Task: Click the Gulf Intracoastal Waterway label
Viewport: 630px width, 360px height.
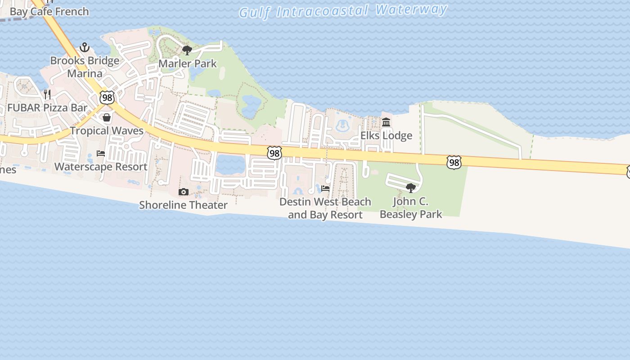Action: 343,10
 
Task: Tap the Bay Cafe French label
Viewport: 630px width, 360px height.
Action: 49,11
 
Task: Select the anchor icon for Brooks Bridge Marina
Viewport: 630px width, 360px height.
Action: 84,47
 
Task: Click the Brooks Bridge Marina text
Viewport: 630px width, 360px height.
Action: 85,67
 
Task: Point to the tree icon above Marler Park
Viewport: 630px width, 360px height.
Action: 187,50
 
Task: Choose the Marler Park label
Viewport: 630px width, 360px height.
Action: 188,63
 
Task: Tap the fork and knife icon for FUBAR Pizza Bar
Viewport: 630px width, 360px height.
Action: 47,94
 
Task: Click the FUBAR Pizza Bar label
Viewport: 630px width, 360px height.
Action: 47,108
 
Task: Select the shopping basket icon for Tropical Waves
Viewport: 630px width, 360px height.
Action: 107,117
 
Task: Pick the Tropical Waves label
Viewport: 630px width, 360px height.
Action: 107,130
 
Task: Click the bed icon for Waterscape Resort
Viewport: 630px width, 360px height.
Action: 101,153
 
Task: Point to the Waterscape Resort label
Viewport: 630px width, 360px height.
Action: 101,166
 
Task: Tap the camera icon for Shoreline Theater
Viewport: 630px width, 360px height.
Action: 183,192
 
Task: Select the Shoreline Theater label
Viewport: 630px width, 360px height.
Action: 183,205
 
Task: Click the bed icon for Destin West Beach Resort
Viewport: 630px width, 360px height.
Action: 325,188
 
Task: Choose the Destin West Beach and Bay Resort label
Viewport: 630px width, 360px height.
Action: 325,208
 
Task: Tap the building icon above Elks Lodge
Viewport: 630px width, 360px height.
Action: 386,122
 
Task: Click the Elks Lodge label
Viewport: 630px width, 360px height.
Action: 386,135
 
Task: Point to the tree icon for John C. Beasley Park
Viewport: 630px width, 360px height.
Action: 410,188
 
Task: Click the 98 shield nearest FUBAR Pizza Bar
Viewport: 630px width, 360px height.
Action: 107,97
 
